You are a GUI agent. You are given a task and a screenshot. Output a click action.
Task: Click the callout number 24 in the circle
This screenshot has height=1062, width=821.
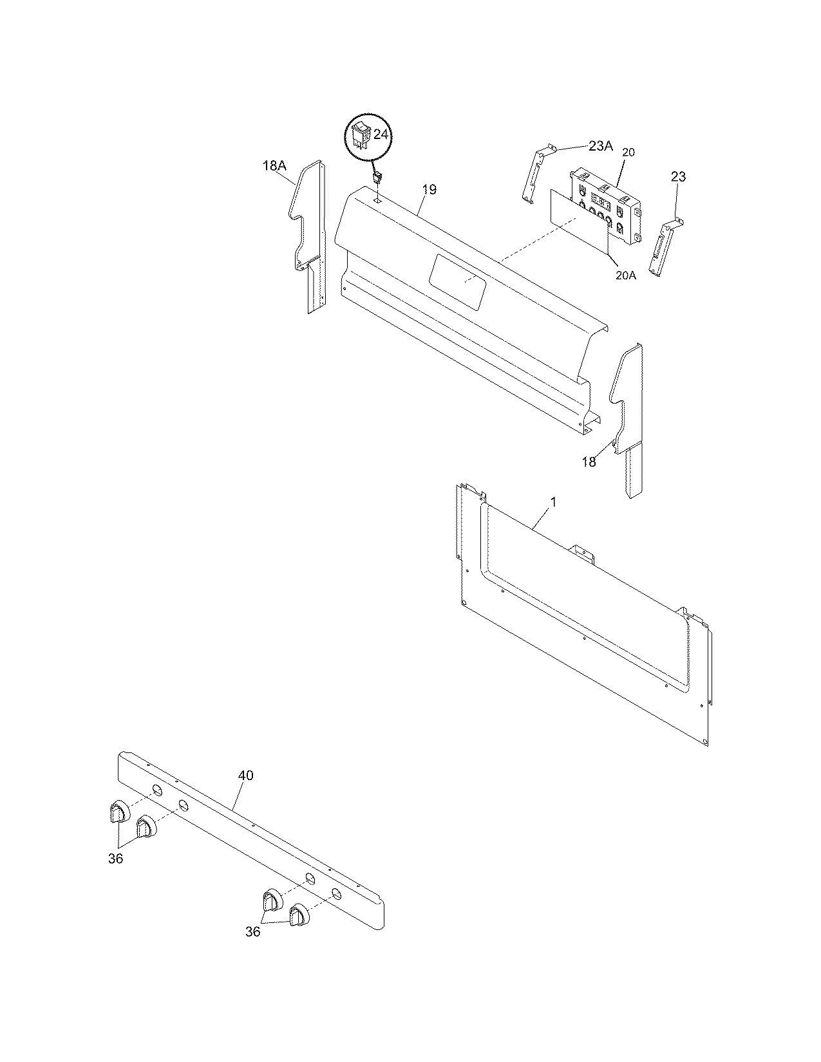[381, 135]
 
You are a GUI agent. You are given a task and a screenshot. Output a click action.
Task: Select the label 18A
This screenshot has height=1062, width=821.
[274, 165]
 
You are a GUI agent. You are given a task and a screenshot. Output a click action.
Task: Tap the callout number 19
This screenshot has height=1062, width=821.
[429, 189]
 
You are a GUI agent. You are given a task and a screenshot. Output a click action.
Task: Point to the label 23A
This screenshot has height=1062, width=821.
[599, 146]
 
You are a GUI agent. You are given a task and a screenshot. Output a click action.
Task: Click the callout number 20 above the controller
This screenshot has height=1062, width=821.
[628, 153]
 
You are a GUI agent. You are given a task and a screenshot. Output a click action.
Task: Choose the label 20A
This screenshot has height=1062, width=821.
[625, 275]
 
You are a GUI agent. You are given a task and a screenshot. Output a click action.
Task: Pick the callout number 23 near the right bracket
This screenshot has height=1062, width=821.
[678, 176]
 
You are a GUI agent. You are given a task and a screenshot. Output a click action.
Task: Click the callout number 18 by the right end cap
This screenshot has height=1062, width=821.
[589, 461]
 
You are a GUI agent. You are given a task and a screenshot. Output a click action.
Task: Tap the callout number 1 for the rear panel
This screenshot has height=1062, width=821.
[554, 501]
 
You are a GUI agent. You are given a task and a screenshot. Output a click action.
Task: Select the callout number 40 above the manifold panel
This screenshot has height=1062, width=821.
[245, 776]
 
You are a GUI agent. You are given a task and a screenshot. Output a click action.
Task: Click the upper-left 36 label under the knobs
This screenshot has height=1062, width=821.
[116, 859]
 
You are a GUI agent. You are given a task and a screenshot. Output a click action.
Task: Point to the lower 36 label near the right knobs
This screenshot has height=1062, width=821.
[253, 931]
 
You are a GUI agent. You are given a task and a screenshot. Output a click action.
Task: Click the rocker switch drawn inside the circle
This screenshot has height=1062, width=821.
[361, 135]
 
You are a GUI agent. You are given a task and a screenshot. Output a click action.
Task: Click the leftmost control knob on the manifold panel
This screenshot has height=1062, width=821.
[117, 812]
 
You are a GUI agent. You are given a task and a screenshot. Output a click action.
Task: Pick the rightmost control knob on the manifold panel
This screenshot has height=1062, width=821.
[298, 915]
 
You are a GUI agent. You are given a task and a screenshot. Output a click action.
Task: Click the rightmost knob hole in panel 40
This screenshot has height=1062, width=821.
[335, 893]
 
